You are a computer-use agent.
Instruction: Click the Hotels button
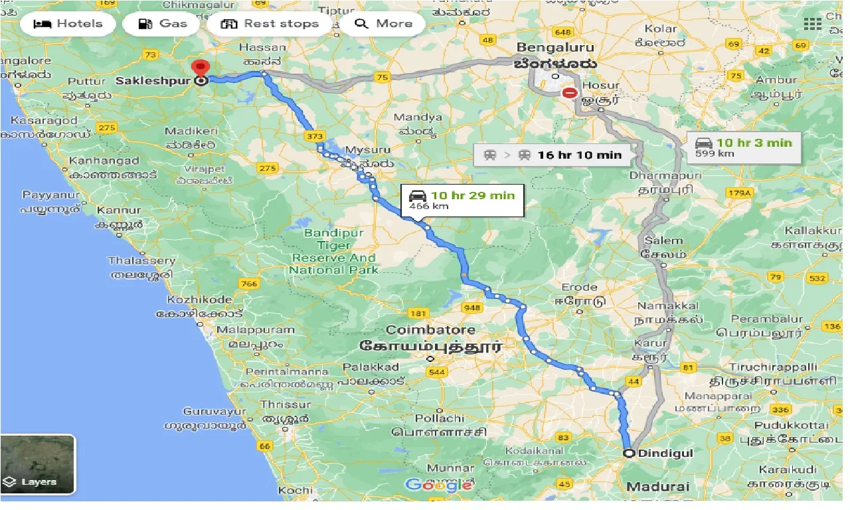tap(68, 24)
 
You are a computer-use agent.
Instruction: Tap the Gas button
tap(163, 24)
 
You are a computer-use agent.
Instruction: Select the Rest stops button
tap(270, 24)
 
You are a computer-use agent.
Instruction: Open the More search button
tap(384, 24)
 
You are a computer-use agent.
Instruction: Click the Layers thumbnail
tap(38, 464)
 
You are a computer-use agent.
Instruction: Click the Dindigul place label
tap(656, 454)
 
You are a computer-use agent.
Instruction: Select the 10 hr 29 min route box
tap(462, 199)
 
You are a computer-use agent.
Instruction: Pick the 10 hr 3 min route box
tap(744, 147)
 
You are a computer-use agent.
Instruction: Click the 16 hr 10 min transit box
tap(553, 155)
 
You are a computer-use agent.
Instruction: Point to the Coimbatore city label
tap(430, 330)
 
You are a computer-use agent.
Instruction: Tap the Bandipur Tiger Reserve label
tap(334, 252)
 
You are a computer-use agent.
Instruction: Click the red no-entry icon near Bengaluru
tap(569, 93)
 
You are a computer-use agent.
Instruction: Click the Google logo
tap(438, 485)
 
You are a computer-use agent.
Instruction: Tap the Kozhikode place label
tap(199, 299)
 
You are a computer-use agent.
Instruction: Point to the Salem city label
tap(662, 241)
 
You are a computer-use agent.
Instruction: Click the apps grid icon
tap(812, 24)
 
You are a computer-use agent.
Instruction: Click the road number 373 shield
tap(315, 136)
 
